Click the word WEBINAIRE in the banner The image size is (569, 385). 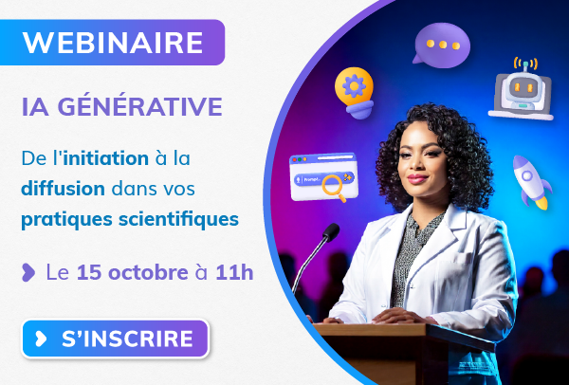pyautogui.click(x=113, y=43)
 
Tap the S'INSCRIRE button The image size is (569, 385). pyautogui.click(x=116, y=339)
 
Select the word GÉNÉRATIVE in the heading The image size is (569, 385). pyautogui.click(x=140, y=106)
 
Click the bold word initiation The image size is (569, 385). pyautogui.click(x=106, y=158)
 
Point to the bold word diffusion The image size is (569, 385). pyautogui.click(x=64, y=189)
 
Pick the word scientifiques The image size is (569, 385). pyautogui.click(x=178, y=220)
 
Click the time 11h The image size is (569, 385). pyautogui.click(x=234, y=272)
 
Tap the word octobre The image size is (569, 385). pyautogui.click(x=148, y=272)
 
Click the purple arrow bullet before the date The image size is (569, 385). pyautogui.click(x=28, y=272)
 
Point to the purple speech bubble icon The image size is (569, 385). pyautogui.click(x=441, y=45)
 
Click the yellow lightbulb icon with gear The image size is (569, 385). pyautogui.click(x=355, y=93)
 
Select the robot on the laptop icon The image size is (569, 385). pyautogui.click(x=521, y=91)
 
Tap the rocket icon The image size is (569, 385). pyautogui.click(x=531, y=182)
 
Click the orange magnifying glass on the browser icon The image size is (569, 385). pyautogui.click(x=334, y=187)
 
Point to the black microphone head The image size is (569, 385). pyautogui.click(x=331, y=232)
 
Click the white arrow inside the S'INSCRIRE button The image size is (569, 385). pyautogui.click(x=41, y=339)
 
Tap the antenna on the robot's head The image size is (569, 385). pyautogui.click(x=525, y=64)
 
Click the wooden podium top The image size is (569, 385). pyautogui.click(x=403, y=331)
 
